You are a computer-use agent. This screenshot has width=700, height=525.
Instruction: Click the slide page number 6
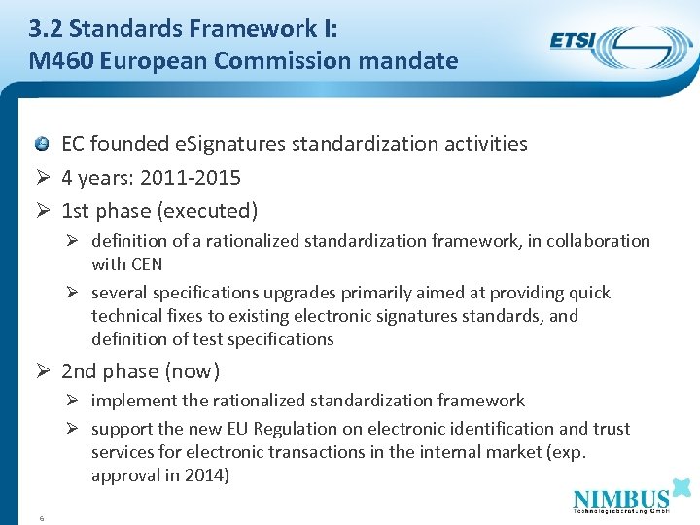pyautogui.click(x=42, y=517)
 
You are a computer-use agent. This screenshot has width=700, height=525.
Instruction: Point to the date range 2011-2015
pyautogui.click(x=191, y=178)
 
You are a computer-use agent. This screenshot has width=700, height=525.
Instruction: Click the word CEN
pyautogui.click(x=144, y=264)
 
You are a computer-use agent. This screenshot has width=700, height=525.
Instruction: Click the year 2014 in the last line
pyautogui.click(x=209, y=475)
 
